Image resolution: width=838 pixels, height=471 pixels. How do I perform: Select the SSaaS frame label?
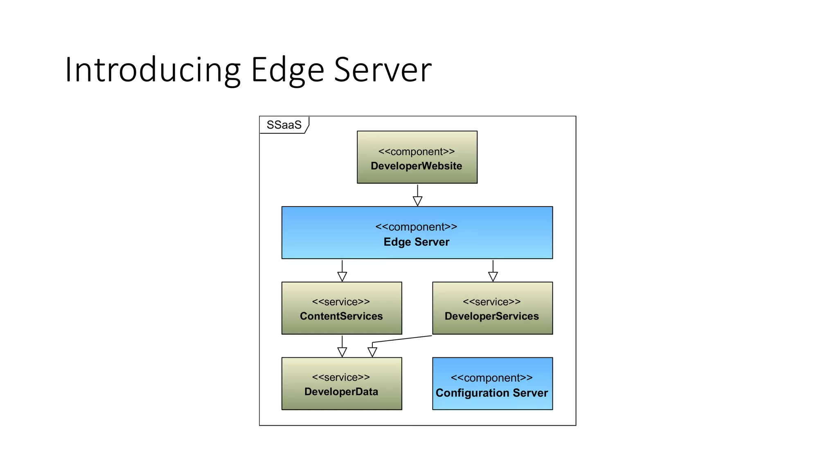click(284, 125)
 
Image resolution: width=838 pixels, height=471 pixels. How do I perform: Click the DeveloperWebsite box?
click(417, 157)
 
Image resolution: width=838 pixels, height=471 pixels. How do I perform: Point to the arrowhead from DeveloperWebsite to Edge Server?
click(417, 201)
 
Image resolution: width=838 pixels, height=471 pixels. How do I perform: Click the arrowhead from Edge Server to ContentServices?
click(342, 277)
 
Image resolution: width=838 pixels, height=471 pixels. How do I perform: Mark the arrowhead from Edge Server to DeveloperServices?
click(493, 277)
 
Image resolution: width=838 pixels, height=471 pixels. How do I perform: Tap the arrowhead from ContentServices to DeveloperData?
click(342, 352)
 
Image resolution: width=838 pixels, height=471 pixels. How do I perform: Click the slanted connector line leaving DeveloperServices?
click(402, 339)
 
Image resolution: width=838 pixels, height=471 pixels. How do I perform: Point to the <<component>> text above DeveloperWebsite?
click(417, 152)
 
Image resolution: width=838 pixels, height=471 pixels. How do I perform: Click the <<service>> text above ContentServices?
click(341, 302)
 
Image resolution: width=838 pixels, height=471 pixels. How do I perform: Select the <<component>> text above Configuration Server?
click(492, 378)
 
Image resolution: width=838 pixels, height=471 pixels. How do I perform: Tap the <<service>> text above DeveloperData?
click(341, 377)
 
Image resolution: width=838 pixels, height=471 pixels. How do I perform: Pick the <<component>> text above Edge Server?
click(416, 227)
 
